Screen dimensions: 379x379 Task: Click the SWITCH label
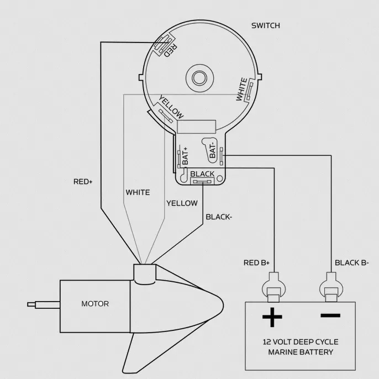coord(266,25)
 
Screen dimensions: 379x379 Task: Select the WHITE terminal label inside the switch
coord(241,89)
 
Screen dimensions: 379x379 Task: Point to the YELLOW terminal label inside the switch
coord(171,107)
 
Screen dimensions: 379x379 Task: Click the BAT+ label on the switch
coord(186,156)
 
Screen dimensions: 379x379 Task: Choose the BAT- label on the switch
coord(212,151)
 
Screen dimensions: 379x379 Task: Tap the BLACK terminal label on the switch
coord(202,174)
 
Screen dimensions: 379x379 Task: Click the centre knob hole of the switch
coord(199,78)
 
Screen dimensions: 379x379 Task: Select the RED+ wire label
coord(83,182)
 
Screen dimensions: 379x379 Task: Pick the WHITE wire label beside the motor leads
coord(138,192)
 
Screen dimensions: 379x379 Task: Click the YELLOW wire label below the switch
coord(182,203)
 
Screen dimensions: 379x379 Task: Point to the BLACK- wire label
coord(219,217)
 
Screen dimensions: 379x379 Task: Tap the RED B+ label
coord(256,263)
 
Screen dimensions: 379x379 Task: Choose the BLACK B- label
coord(352,263)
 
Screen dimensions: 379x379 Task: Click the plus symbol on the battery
coord(272,317)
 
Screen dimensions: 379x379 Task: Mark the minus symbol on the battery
coord(330,315)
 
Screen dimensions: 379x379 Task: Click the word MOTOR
coord(95,304)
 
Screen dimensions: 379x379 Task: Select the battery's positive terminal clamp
coord(273,287)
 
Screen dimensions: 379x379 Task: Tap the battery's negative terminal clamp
coord(331,287)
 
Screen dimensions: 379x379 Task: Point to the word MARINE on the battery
coord(282,352)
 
